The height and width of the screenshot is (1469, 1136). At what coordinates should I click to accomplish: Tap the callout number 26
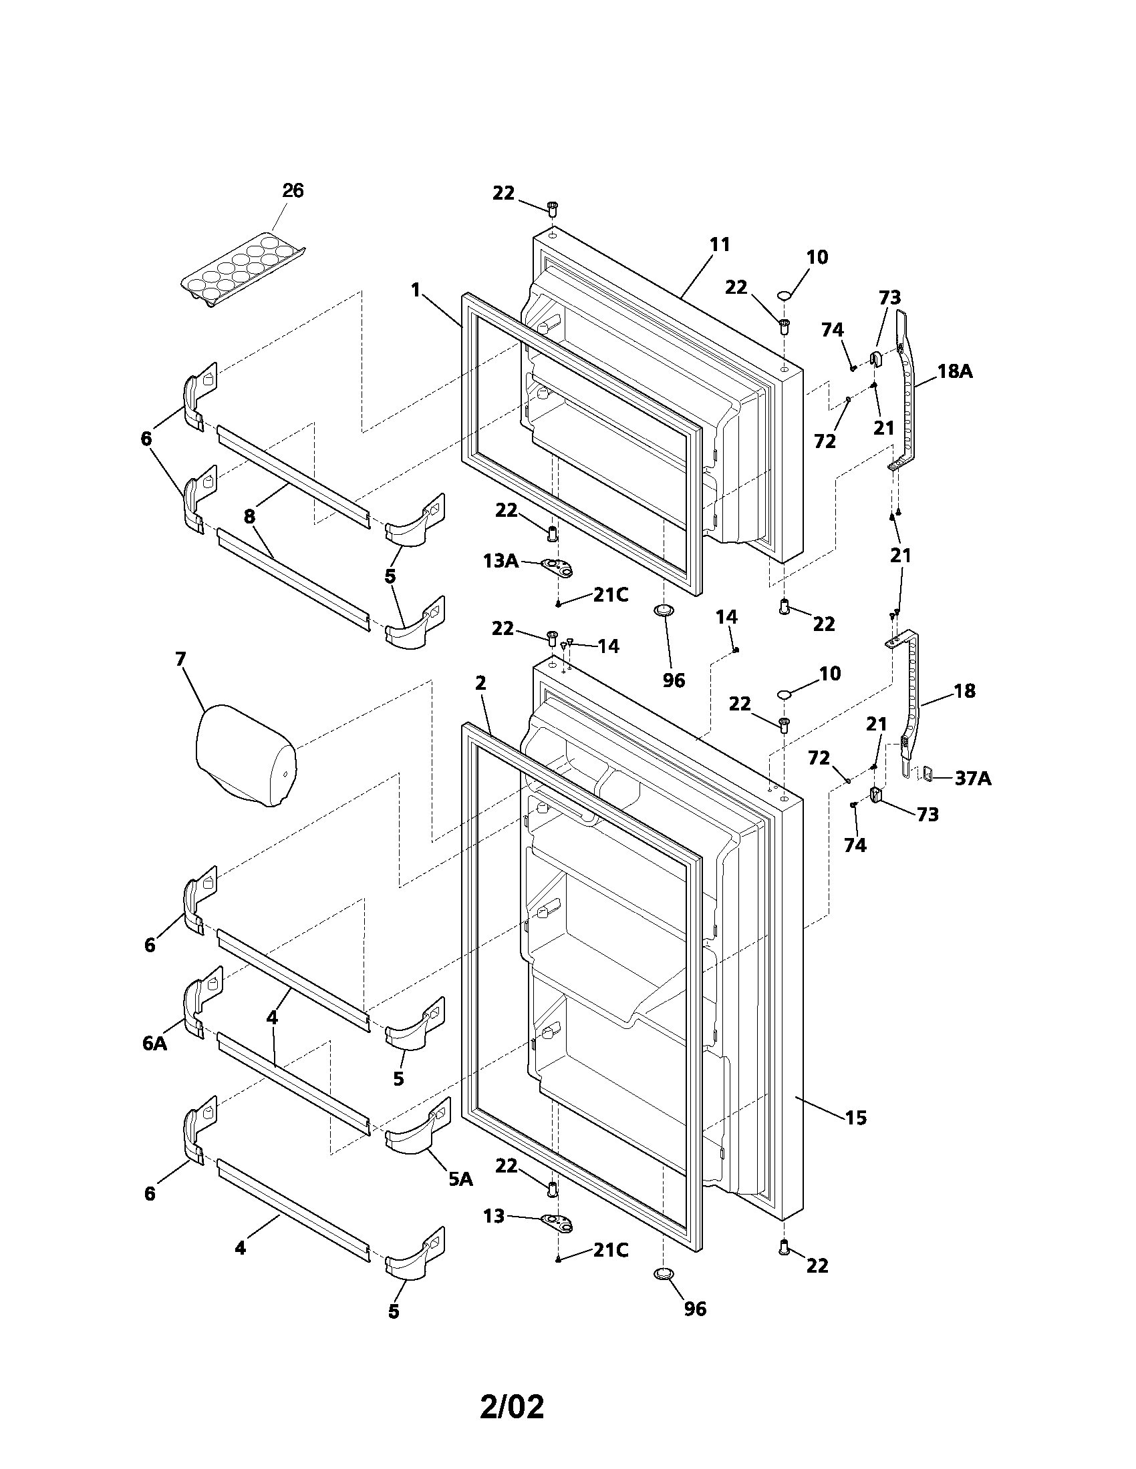click(293, 191)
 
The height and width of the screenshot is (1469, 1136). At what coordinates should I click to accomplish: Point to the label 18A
click(955, 371)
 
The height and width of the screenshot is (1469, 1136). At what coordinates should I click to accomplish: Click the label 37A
click(972, 779)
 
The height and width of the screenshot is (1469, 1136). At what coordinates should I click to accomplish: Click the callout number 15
click(855, 1118)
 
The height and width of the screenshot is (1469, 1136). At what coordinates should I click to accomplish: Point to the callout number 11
click(720, 245)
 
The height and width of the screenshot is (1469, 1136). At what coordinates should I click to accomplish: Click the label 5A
click(460, 1179)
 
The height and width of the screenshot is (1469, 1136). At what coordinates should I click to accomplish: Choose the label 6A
click(154, 1043)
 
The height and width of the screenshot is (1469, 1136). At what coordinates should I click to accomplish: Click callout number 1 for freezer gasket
click(415, 290)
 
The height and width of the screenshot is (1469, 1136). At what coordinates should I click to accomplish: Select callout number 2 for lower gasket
click(480, 683)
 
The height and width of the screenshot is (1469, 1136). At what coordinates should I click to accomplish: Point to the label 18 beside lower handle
click(964, 691)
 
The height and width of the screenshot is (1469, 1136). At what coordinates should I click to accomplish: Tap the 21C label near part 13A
click(610, 594)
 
